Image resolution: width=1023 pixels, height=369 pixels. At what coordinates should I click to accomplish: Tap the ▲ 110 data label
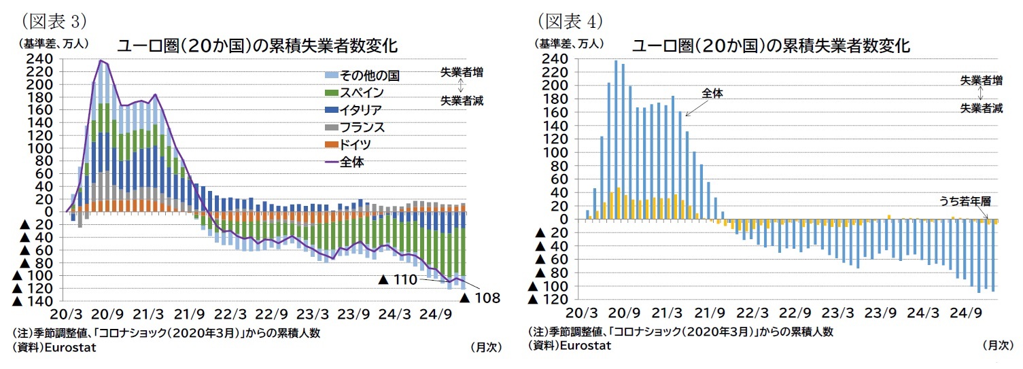tap(400, 279)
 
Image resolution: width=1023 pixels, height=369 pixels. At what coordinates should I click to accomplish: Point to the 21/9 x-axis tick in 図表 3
tap(190, 315)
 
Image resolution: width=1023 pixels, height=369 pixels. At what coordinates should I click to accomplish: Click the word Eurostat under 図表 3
tap(71, 347)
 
